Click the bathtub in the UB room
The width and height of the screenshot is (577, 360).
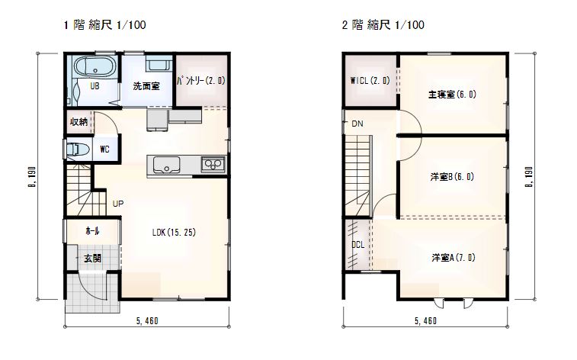pyautogui.click(x=95, y=67)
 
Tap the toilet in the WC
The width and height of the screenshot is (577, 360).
pyautogui.click(x=78, y=149)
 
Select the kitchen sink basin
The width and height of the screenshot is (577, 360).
pyautogui.click(x=166, y=165)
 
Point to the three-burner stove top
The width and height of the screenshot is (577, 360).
pyautogui.click(x=213, y=164)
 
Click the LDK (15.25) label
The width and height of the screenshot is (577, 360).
pyautogui.click(x=174, y=233)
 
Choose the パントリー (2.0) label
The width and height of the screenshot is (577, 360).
pyautogui.click(x=201, y=80)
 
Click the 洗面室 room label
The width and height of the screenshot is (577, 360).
pyautogui.click(x=146, y=86)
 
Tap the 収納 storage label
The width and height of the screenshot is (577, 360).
pyautogui.click(x=79, y=121)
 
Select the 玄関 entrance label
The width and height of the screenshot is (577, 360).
pyautogui.click(x=92, y=258)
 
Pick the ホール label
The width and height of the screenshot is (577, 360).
pyautogui.click(x=92, y=231)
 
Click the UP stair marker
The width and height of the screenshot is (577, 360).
pyautogui.click(x=117, y=204)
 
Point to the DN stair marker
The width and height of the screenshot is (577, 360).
pyautogui.click(x=357, y=124)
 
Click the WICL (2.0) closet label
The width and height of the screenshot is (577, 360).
pyautogui.click(x=370, y=80)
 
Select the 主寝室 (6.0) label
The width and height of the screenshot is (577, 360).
pyautogui.click(x=452, y=95)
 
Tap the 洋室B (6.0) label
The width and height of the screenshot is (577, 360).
pyautogui.click(x=452, y=177)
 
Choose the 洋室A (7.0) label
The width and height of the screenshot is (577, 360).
pyautogui.click(x=454, y=257)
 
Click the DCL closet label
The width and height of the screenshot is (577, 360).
pyautogui.click(x=357, y=244)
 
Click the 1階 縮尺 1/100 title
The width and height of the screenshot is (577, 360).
pyautogui.click(x=105, y=25)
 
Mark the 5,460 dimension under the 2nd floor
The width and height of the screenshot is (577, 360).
pyautogui.click(x=426, y=321)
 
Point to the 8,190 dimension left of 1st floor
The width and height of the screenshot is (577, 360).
pyautogui.click(x=32, y=177)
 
